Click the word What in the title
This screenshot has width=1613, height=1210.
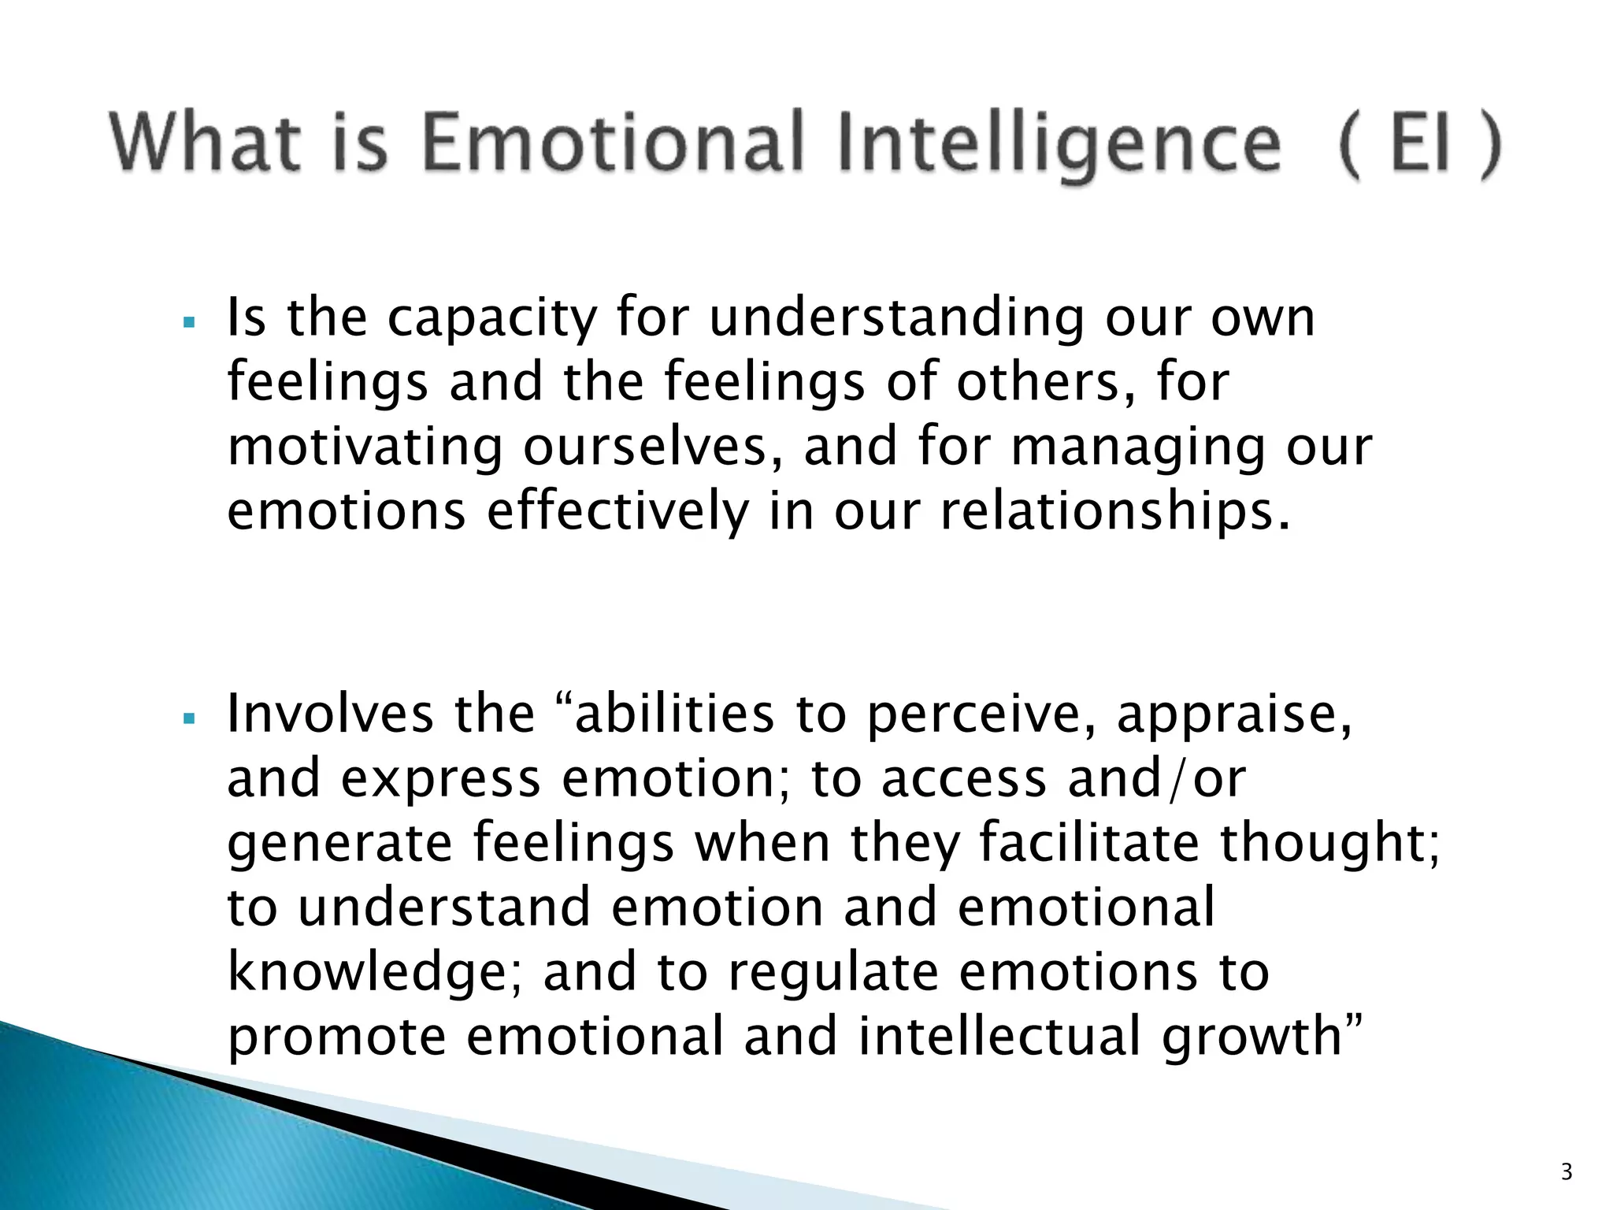coord(206,143)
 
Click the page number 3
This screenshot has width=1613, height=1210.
coord(1567,1172)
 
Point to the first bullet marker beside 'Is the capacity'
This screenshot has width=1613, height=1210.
coord(187,322)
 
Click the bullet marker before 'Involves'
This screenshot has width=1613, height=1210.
coord(187,718)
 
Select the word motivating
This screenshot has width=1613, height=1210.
coord(365,447)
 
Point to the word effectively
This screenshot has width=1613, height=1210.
coord(617,512)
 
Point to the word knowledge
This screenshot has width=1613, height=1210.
coord(369,974)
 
